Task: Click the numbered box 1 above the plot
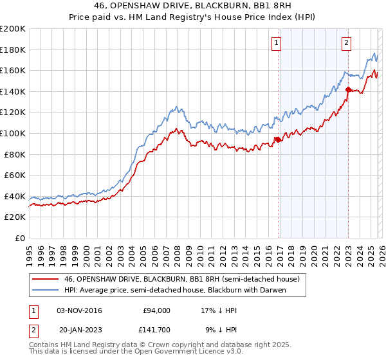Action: click(276, 43)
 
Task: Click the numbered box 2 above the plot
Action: click(346, 43)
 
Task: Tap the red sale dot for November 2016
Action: click(278, 139)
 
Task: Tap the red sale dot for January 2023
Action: click(348, 89)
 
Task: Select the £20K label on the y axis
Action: click(15, 217)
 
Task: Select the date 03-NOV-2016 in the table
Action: click(80, 310)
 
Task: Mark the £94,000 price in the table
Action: click(156, 310)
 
